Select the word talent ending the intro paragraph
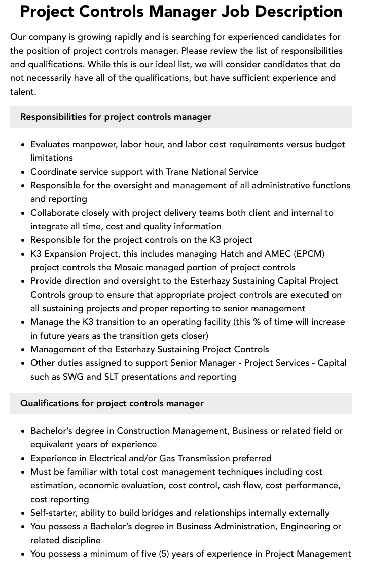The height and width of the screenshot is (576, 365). [22, 92]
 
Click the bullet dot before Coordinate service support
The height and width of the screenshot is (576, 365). [23, 172]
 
